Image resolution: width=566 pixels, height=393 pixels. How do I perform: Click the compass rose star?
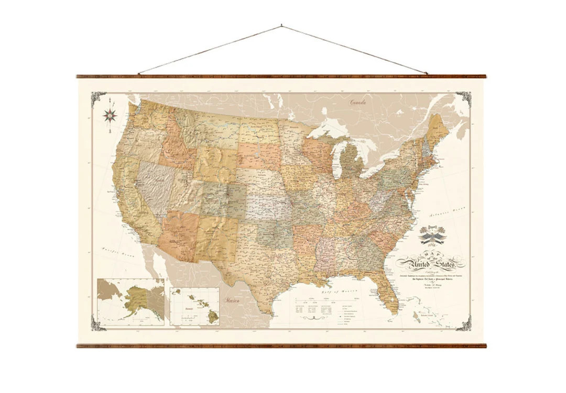coord(110,115)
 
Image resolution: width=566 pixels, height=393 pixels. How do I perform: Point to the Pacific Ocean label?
coord(118,252)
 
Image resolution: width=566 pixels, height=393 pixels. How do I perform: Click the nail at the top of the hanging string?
coord(281,25)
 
